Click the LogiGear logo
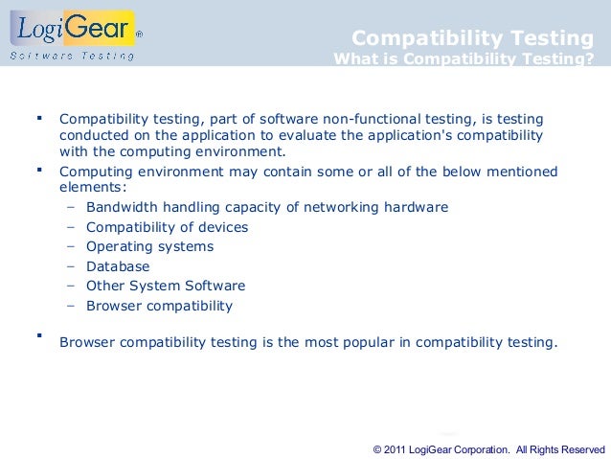(x=75, y=31)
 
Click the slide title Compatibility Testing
(x=472, y=38)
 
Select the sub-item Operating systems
(x=149, y=246)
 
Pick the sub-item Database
(x=118, y=266)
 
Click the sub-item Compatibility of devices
(x=167, y=227)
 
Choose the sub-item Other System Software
(x=166, y=286)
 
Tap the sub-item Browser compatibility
(x=159, y=306)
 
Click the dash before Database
(x=72, y=266)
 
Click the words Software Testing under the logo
(x=72, y=55)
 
